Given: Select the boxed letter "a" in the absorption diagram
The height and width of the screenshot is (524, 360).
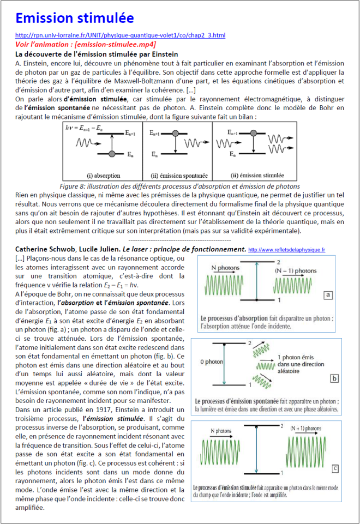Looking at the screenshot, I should (328, 294).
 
